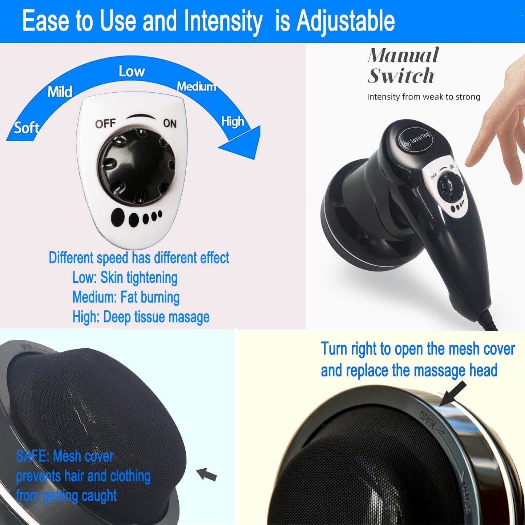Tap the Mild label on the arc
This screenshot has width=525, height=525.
60,91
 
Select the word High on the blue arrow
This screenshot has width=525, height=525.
233,122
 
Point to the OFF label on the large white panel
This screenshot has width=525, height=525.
105,124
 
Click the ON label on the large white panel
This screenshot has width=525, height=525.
170,124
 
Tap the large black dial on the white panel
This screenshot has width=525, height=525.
136,166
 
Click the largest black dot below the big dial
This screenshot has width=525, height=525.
118,217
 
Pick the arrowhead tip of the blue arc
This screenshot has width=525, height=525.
255,159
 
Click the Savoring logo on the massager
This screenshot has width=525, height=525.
415,139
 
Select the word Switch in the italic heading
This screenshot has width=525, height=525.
400,76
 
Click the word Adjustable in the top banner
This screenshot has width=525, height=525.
346,21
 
